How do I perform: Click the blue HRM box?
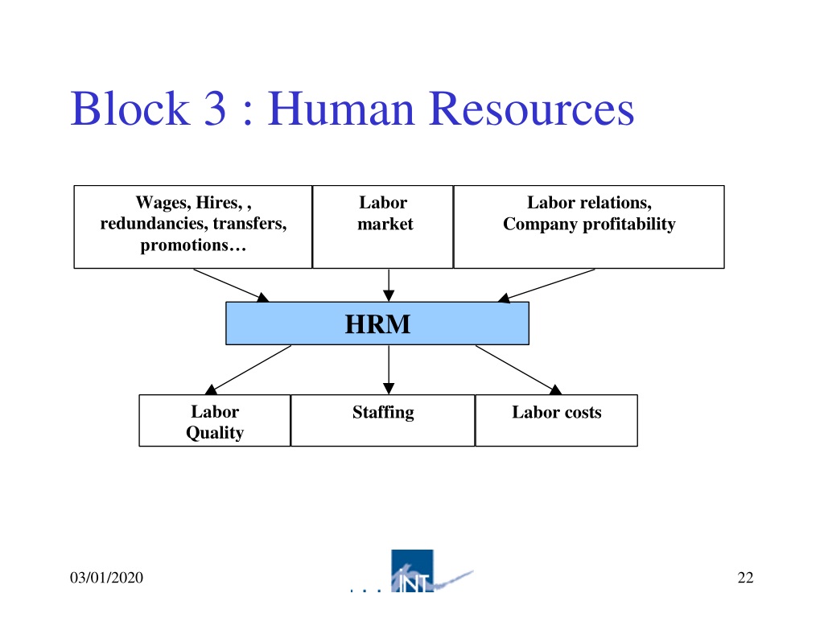point(377,323)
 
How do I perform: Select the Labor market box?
point(382,227)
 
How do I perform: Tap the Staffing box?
point(382,420)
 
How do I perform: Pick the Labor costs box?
point(557,420)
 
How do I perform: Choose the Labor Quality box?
point(215,420)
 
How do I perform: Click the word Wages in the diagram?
point(163,203)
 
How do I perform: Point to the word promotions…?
point(193,245)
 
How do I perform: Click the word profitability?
point(629,225)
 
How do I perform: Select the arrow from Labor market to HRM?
point(389,286)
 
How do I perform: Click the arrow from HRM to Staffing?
point(389,370)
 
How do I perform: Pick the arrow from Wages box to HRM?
point(231,286)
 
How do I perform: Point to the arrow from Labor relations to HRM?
point(546,286)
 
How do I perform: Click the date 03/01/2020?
point(107,578)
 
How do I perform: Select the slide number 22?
point(745,578)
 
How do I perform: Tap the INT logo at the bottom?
point(412,571)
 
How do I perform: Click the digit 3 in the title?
point(215,109)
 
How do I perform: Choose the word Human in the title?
point(341,109)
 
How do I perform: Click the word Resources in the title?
point(532,109)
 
